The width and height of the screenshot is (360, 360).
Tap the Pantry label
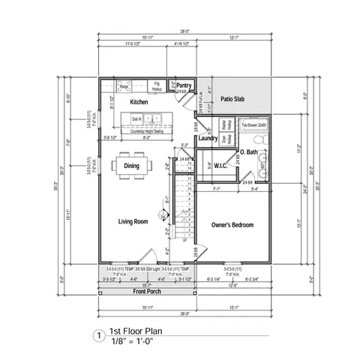tap(184, 85)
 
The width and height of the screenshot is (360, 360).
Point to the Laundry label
tap(208, 138)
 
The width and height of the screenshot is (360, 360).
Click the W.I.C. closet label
tap(221, 165)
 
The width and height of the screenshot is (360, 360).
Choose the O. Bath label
tap(249, 153)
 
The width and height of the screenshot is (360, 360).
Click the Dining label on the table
tap(131, 166)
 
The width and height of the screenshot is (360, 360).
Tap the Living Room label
tap(132, 221)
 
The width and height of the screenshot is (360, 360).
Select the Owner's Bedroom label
tap(232, 225)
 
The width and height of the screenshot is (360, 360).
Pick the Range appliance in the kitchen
tap(124, 87)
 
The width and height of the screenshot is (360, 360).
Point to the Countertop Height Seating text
tap(147, 130)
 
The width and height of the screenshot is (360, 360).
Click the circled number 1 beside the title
tap(97, 336)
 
